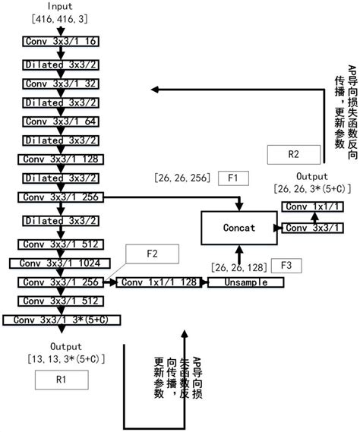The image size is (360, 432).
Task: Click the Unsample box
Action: coord(245,282)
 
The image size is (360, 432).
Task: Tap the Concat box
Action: coord(238,227)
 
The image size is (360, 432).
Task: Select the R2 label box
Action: coord(293,154)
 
